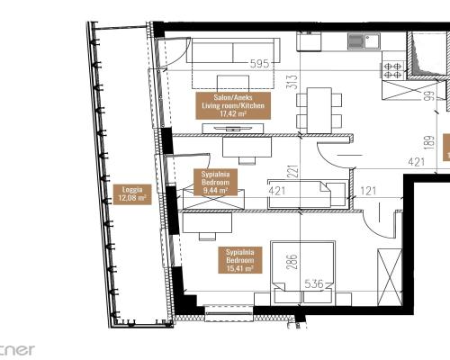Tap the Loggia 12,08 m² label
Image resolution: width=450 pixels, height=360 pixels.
(x=125, y=193)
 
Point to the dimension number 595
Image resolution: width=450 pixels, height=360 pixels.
(x=260, y=64)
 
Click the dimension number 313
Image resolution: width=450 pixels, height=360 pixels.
(x=291, y=82)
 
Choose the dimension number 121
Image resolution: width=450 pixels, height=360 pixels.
(x=369, y=191)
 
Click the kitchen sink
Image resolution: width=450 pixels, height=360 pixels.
(x=357, y=40)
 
